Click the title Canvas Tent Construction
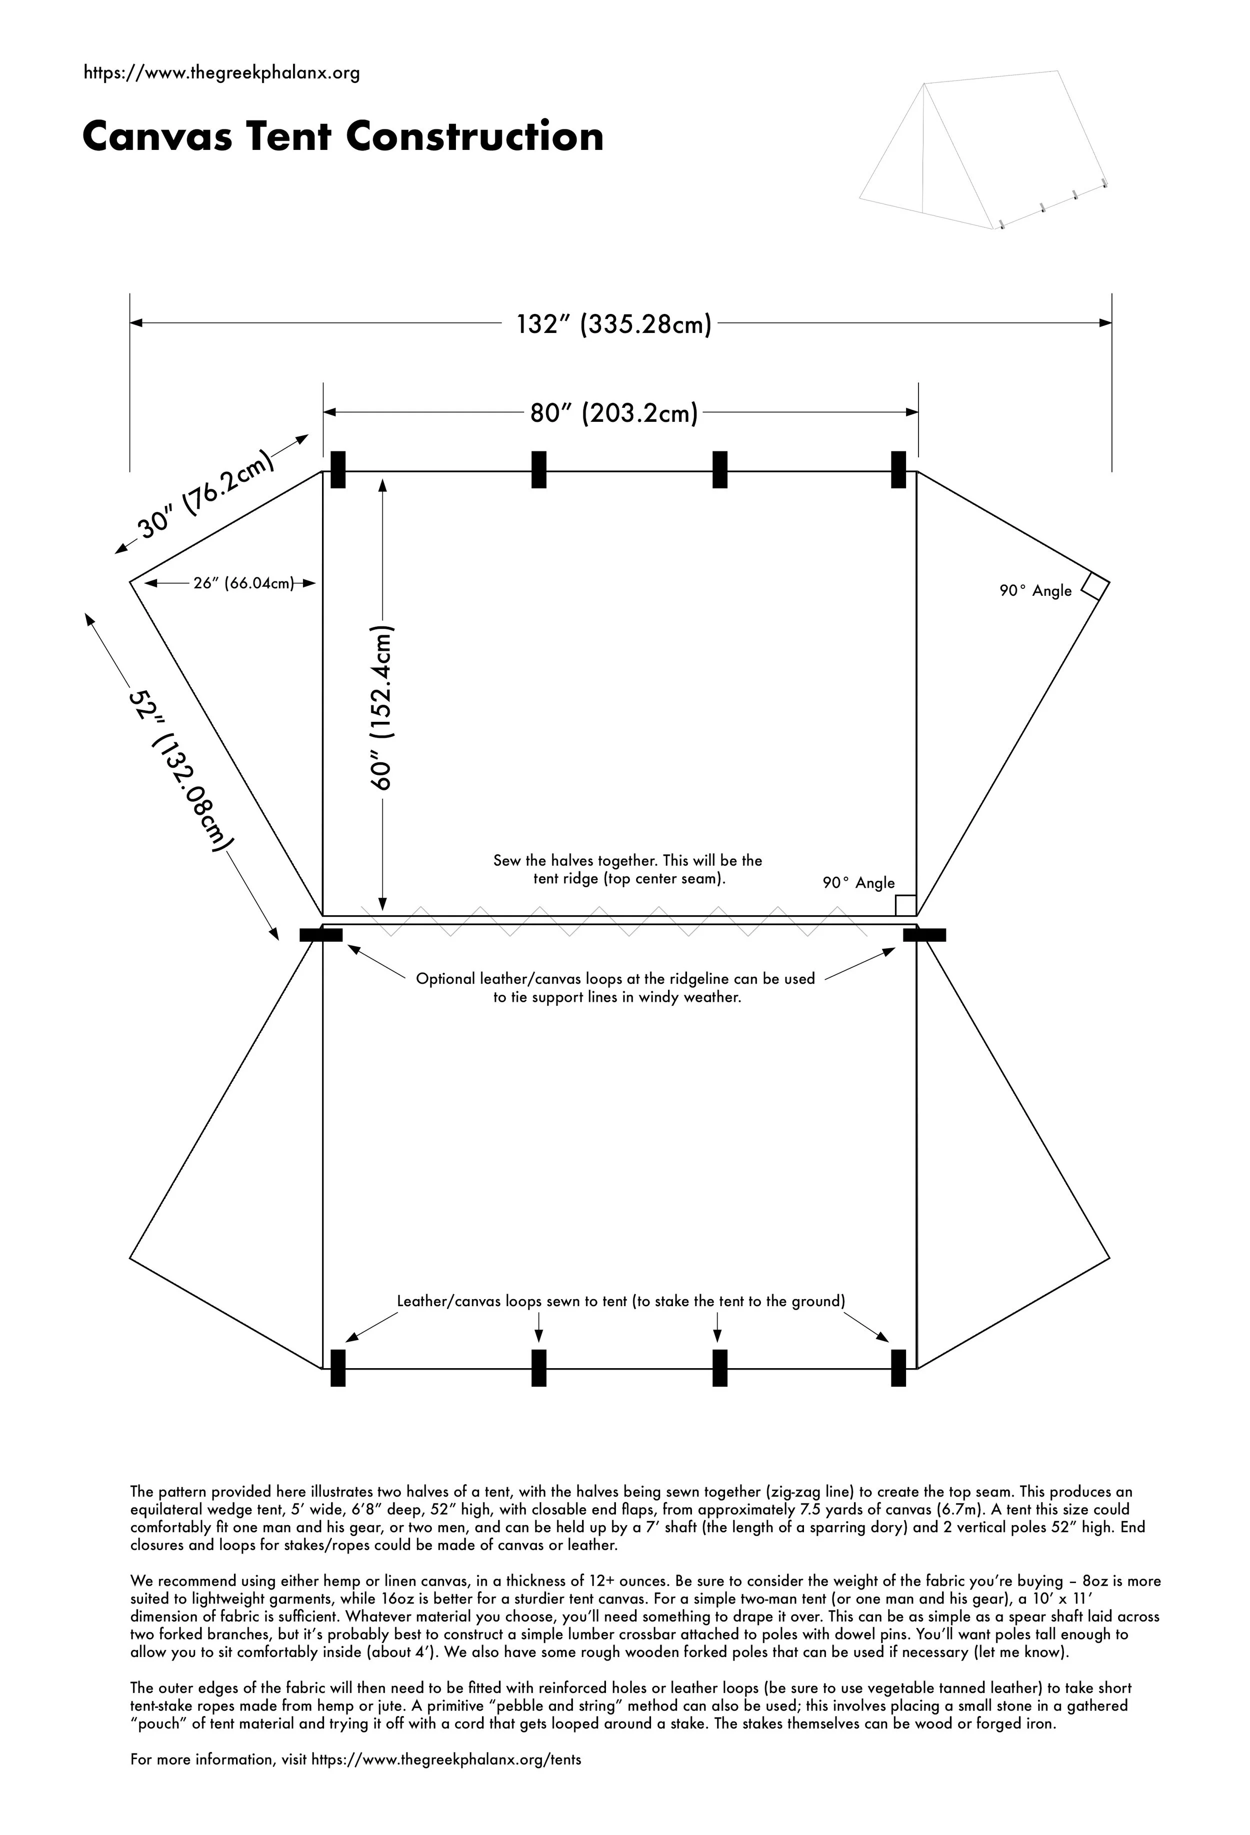[x=342, y=136]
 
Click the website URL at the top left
[x=221, y=73]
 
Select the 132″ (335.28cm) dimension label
[x=613, y=324]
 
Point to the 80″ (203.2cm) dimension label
[x=613, y=413]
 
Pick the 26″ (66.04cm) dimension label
[x=243, y=583]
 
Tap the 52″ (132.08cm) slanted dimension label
[x=181, y=770]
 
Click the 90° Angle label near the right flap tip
[x=1035, y=591]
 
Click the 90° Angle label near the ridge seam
[x=858, y=883]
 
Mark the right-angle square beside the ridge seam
[x=905, y=905]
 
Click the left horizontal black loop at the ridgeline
[x=320, y=935]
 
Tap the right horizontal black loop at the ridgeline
[x=924, y=935]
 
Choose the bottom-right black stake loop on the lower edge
[x=898, y=1368]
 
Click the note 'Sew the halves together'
[x=627, y=869]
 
